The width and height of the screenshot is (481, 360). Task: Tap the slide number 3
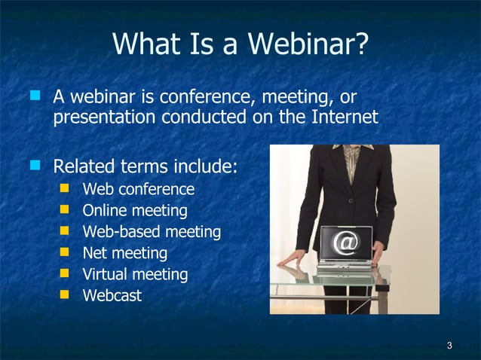449,346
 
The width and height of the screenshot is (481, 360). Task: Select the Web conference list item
138,189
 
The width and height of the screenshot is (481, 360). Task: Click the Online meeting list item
134,210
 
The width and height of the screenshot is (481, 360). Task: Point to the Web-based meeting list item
151,232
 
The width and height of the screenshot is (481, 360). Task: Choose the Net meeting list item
124,253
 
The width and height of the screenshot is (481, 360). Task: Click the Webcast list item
112,295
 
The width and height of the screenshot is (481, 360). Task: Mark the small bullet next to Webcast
66,294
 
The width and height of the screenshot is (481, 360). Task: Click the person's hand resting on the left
291,260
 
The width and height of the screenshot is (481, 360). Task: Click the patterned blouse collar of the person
352,157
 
